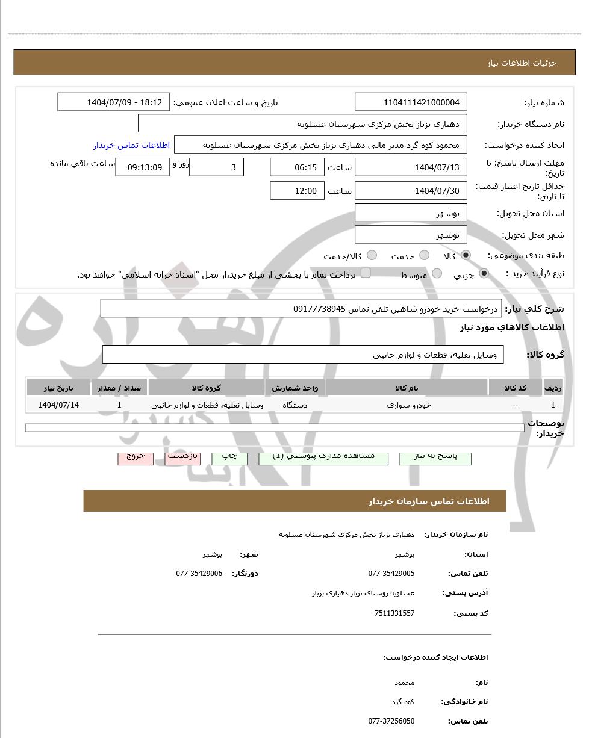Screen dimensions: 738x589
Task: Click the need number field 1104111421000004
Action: [x=411, y=102]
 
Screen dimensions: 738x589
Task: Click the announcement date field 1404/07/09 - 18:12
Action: [x=114, y=102]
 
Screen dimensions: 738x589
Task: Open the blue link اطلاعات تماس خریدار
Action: [x=131, y=145]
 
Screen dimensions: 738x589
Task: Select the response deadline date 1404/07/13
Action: [x=411, y=167]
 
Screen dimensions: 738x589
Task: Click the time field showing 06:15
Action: [x=297, y=167]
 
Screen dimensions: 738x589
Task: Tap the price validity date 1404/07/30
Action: [x=411, y=191]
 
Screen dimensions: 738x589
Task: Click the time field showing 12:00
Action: [x=297, y=191]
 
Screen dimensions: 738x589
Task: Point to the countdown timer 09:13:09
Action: [x=142, y=167]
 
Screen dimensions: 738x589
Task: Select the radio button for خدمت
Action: [x=424, y=256]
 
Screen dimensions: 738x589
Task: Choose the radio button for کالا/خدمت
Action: [x=372, y=256]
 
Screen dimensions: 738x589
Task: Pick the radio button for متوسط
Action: [x=437, y=274]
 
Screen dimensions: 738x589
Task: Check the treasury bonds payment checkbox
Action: [x=366, y=274]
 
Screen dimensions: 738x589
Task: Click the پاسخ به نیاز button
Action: [x=435, y=458]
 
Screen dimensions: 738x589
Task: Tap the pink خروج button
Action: [x=136, y=458]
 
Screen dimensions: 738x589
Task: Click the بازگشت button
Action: [x=182, y=458]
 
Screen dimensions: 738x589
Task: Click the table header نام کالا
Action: [x=407, y=388]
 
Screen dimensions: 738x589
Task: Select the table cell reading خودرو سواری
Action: [x=409, y=405]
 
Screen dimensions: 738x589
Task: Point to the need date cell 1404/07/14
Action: [x=58, y=405]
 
